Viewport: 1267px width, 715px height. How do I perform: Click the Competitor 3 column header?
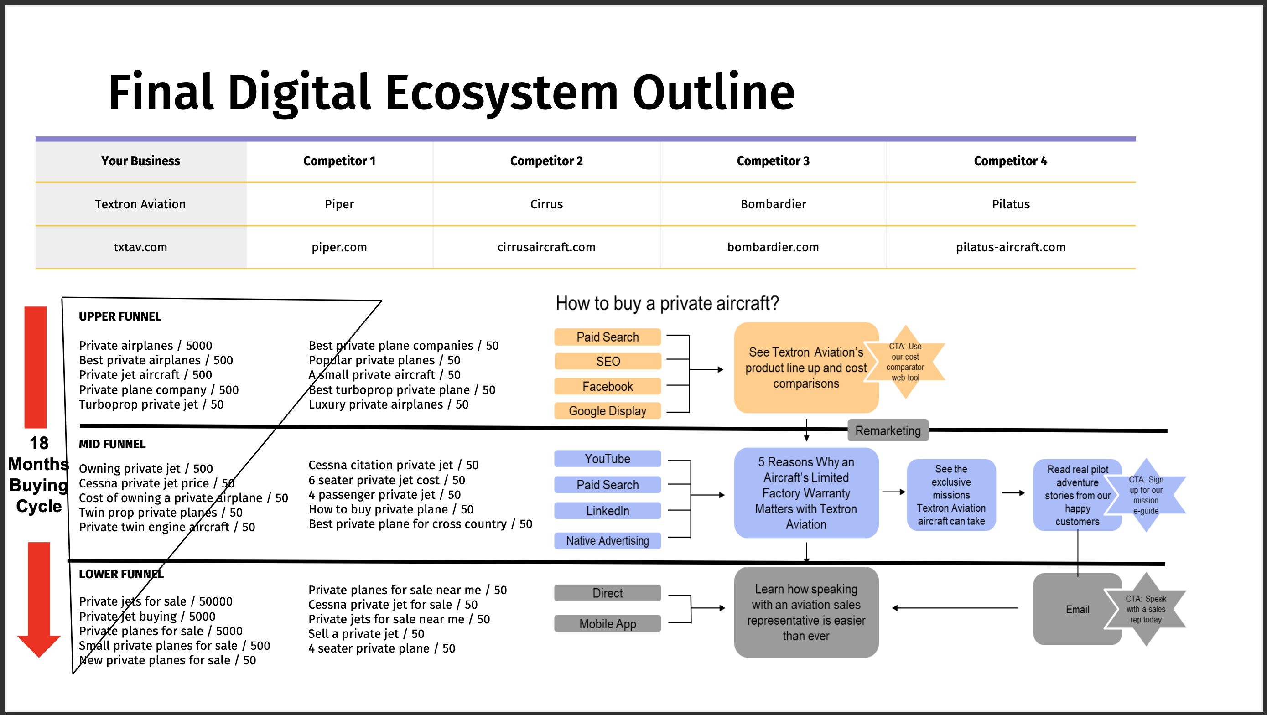click(x=773, y=161)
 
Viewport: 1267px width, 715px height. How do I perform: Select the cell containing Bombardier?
click(x=773, y=204)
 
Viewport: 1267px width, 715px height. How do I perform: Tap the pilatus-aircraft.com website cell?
click(x=1011, y=247)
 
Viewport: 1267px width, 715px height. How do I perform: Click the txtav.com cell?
click(x=140, y=247)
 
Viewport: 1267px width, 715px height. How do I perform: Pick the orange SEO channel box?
click(x=608, y=362)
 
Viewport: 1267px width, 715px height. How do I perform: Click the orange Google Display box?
click(x=608, y=410)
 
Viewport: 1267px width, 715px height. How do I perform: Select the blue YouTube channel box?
click(x=608, y=459)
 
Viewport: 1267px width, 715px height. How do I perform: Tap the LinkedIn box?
click(x=608, y=511)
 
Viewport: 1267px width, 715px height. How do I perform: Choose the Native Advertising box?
click(x=608, y=541)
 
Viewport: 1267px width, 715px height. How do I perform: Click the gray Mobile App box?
click(x=608, y=623)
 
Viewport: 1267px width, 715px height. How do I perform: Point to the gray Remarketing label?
click(x=888, y=430)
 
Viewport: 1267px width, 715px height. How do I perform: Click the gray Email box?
click(x=1077, y=609)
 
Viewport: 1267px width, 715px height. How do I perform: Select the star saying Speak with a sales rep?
click(x=1146, y=609)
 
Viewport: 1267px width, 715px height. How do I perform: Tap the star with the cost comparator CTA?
click(x=905, y=362)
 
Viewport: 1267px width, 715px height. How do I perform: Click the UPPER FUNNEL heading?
click(x=120, y=316)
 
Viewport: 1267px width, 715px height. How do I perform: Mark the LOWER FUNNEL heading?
click(x=121, y=574)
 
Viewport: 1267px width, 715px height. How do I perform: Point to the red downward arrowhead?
click(x=39, y=646)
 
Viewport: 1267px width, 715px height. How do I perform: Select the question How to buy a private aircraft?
click(x=667, y=303)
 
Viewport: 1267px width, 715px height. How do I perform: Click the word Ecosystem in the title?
click(x=502, y=93)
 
